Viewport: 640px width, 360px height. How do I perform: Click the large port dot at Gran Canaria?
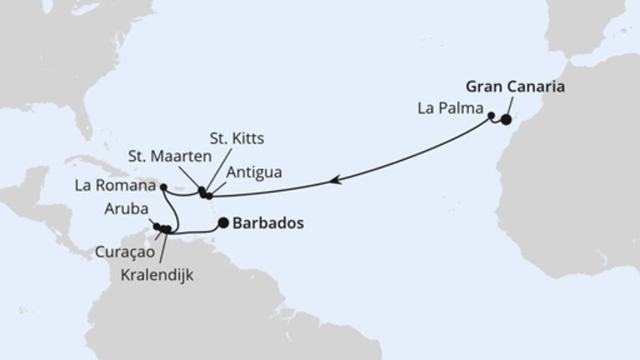point(506,120)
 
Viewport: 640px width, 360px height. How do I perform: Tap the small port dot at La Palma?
point(491,116)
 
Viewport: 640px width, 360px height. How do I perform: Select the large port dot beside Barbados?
point(223,224)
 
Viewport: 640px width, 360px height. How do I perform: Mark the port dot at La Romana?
point(162,187)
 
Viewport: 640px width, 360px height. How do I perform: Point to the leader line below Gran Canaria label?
point(510,106)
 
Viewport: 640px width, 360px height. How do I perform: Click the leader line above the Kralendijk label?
point(163,248)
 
